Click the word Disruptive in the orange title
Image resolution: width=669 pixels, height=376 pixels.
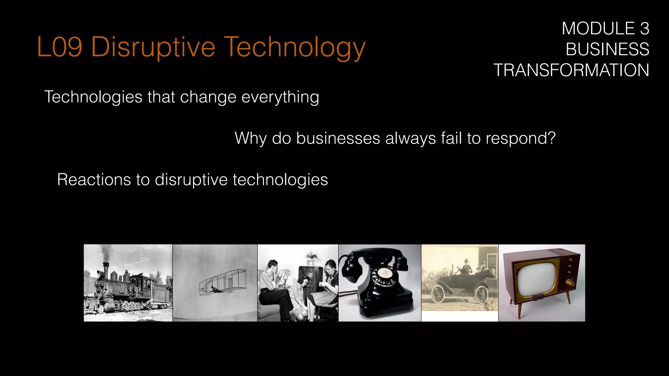click(x=153, y=47)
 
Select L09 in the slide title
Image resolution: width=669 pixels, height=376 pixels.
click(x=59, y=47)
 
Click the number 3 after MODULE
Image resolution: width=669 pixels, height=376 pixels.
click(x=644, y=29)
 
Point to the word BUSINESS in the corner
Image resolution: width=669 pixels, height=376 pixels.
click(x=607, y=50)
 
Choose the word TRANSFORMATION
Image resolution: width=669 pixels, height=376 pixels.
click(x=571, y=70)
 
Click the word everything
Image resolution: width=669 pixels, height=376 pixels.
click(x=280, y=97)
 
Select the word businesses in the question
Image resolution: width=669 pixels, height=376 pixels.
click(x=338, y=138)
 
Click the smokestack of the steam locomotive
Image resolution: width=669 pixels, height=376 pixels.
click(x=106, y=269)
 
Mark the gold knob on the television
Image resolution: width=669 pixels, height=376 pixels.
click(x=570, y=283)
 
